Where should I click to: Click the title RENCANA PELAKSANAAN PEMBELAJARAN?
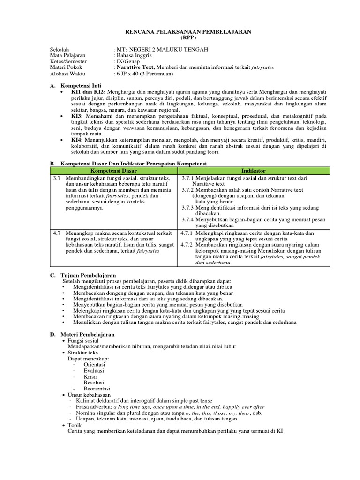pyautogui.click(x=188, y=31)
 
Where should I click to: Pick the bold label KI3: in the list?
pyautogui.click(x=77, y=116)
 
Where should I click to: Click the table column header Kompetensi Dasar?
pyautogui.click(x=113, y=171)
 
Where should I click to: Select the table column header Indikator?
pyautogui.click(x=254, y=171)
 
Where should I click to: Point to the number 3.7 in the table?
pyautogui.click(x=57, y=179)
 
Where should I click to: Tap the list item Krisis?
pyautogui.click(x=90, y=376)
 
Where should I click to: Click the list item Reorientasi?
pyautogui.click(x=97, y=389)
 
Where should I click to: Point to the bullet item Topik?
pyautogui.click(x=75, y=425)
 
